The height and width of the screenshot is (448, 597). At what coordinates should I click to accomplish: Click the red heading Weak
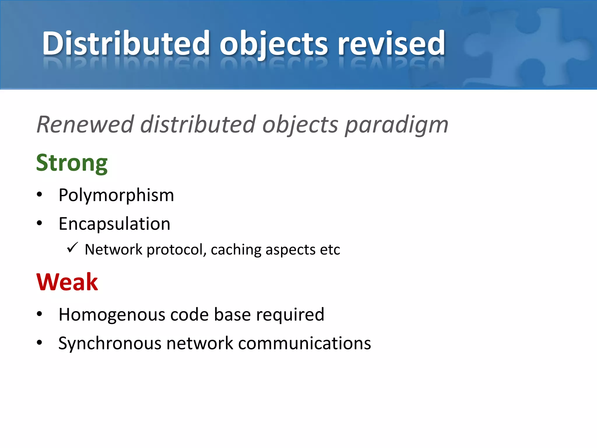pos(67,282)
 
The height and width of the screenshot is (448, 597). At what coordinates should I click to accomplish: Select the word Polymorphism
pos(116,195)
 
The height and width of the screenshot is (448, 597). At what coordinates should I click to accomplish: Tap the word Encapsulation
pos(114,224)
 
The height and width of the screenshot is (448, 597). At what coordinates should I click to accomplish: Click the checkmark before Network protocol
pos(72,248)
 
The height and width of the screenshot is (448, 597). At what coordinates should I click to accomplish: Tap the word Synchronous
pos(110,343)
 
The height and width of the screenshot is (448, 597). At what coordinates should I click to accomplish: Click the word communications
pos(304,343)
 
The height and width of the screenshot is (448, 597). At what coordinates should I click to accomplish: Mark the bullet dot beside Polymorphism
pos(40,195)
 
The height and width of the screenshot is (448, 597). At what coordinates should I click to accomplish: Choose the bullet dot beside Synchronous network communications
pos(40,343)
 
